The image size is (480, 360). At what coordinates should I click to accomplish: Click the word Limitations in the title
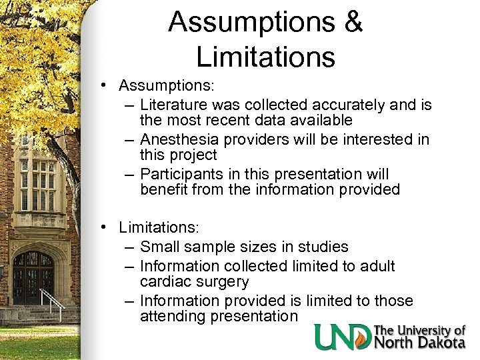[x=265, y=57]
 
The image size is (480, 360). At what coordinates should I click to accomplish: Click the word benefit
[x=164, y=189]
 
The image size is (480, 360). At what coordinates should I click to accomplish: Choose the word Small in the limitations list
[x=161, y=247]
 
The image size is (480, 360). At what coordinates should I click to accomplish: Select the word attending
[x=173, y=317]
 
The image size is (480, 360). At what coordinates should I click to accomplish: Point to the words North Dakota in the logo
[x=420, y=342]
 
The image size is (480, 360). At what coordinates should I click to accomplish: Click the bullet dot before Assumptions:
[x=105, y=86]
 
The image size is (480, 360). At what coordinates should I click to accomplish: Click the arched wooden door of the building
[x=33, y=277]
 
